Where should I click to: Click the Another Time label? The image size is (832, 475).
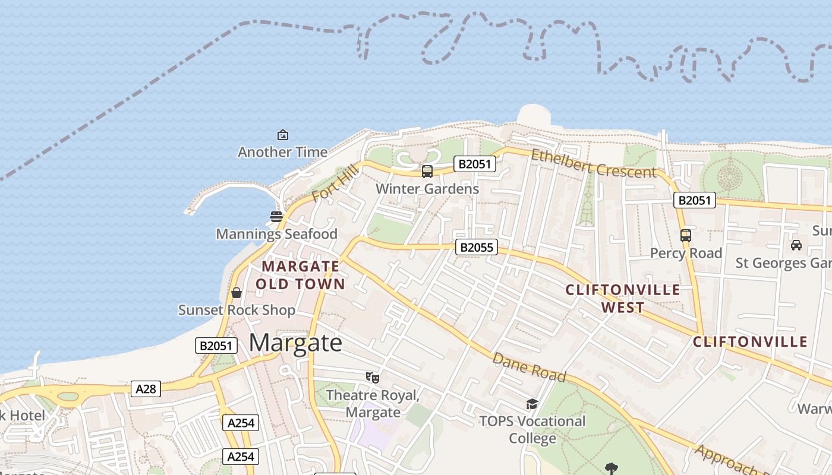point(282,152)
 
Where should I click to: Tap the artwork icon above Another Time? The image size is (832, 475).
point(283,135)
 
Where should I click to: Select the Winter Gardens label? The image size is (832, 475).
point(427,189)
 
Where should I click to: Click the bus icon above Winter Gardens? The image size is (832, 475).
point(427,172)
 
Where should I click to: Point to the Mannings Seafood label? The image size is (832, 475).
point(276,234)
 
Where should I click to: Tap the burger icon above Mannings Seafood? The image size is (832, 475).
point(276,216)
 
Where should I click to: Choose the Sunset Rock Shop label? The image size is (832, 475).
point(237,310)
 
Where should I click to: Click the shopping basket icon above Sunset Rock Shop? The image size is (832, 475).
point(237,293)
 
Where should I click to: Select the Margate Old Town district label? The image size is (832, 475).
point(301,275)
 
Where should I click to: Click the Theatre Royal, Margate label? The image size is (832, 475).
point(373,404)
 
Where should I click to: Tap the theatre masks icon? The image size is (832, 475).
point(373,377)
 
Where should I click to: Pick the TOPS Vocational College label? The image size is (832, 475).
point(532,430)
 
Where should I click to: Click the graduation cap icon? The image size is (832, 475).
point(532,404)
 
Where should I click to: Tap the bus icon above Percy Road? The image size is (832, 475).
point(686,236)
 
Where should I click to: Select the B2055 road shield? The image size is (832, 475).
point(477,247)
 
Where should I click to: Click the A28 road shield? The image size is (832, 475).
point(146,389)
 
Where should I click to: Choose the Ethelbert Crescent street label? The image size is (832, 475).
point(594,163)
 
